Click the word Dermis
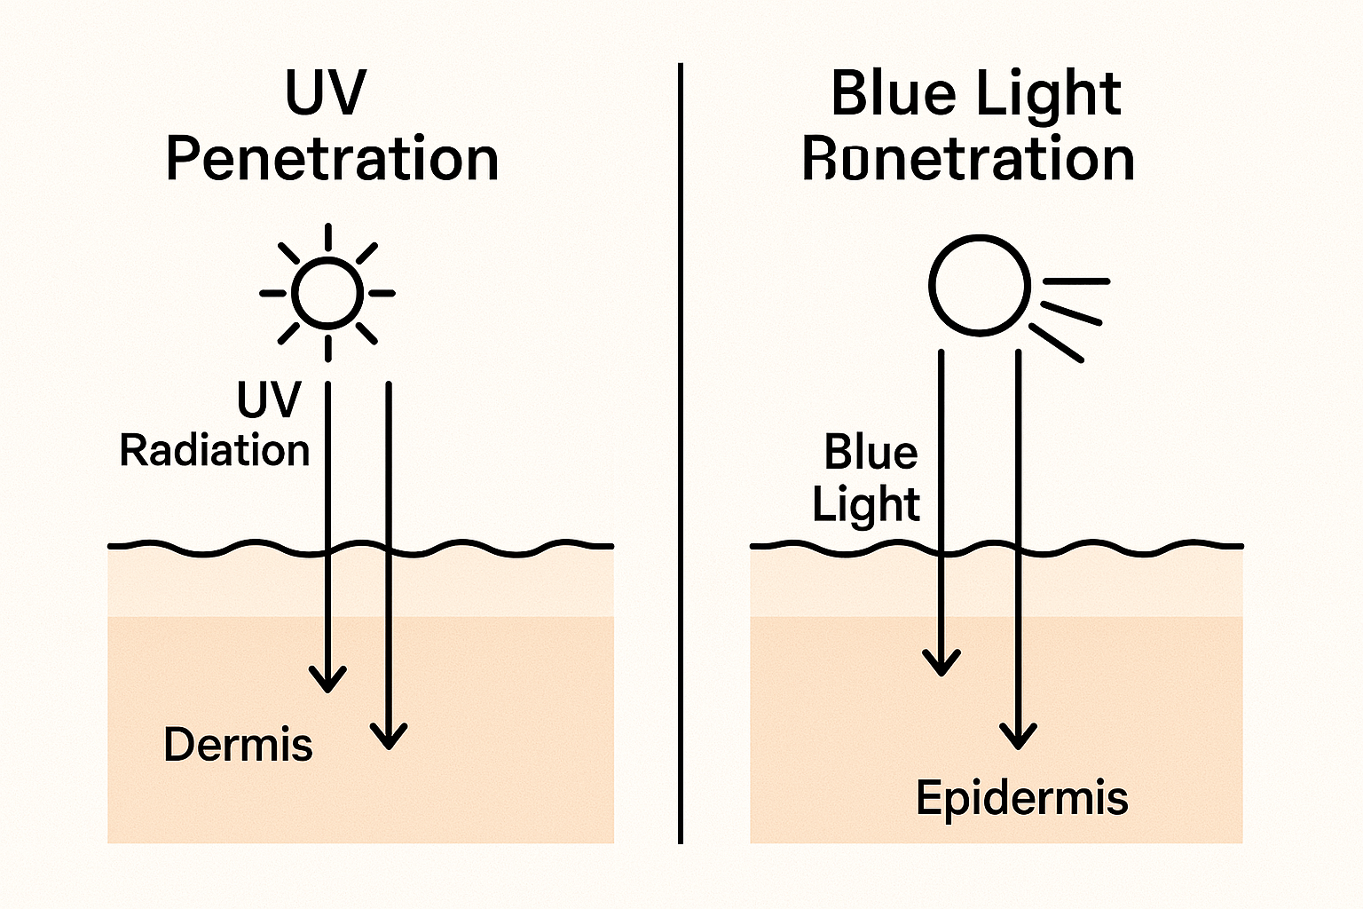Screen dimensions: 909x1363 (238, 744)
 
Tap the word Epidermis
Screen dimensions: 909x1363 (1021, 797)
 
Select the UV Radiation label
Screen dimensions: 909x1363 (215, 426)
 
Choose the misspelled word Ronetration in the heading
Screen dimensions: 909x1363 (968, 160)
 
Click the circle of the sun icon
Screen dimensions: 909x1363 (327, 292)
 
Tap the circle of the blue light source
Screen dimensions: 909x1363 (980, 285)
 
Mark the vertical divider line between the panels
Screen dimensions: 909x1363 (681, 453)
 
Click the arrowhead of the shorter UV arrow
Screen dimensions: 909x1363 (327, 680)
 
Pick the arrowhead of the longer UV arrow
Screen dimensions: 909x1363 (389, 737)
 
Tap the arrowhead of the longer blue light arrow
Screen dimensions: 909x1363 (1018, 735)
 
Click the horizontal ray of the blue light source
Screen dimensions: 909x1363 (1076, 281)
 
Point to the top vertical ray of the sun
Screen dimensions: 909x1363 (327, 237)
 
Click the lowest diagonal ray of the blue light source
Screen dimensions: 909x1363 (1056, 343)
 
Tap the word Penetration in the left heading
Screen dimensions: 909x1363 (331, 160)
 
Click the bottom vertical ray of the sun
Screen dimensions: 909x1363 (327, 348)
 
